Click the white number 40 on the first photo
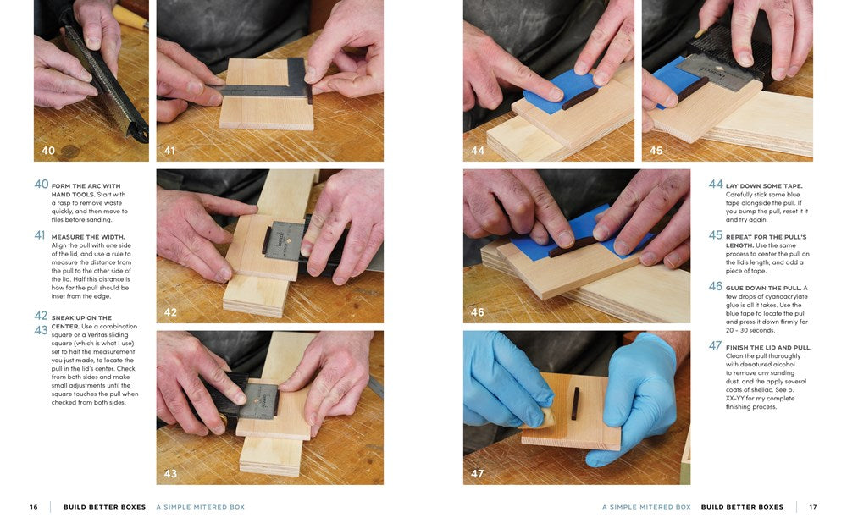point(48,151)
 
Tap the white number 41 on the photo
point(170,151)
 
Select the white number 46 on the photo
point(478,312)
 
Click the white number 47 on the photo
point(477,474)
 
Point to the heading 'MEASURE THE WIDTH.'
point(88,237)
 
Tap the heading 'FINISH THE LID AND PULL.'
point(768,347)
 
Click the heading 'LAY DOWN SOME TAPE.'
point(764,185)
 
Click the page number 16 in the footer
point(34,507)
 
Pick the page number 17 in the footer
point(812,507)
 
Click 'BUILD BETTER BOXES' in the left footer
point(104,507)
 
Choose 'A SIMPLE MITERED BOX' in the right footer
point(646,507)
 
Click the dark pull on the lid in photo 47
point(575,404)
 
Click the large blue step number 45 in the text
point(716,235)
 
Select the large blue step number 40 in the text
point(42,185)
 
